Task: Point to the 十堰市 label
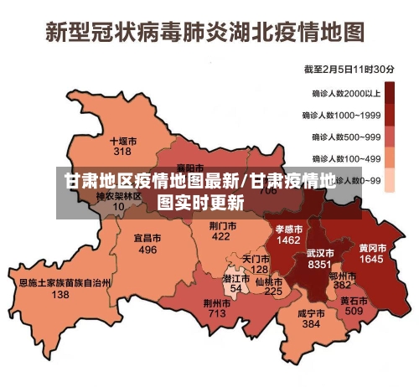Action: click(123, 141)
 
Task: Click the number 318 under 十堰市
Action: click(122, 152)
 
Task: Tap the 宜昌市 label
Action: click(147, 238)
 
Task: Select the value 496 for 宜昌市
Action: click(147, 250)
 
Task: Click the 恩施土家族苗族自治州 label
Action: click(65, 283)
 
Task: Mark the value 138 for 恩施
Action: click(60, 295)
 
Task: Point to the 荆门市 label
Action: click(220, 225)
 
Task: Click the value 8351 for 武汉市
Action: click(320, 264)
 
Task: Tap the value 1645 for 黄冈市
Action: click(371, 260)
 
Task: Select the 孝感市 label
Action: click(289, 228)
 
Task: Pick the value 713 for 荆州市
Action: click(217, 313)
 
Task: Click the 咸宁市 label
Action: click(311, 312)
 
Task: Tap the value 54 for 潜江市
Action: click(235, 288)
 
